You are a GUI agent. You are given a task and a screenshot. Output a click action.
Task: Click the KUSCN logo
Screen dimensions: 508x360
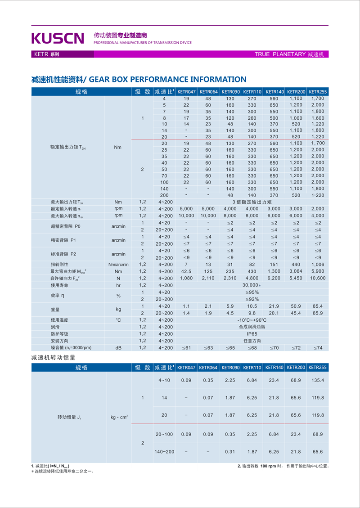[58, 38]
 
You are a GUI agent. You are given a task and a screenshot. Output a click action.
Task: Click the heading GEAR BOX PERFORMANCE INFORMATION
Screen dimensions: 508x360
[168, 79]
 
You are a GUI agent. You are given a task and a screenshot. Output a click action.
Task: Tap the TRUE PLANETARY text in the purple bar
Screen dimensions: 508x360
[280, 54]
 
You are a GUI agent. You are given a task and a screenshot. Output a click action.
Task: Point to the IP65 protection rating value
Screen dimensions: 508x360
[252, 334]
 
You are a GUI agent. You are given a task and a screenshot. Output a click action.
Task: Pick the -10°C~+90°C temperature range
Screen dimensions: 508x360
[252, 320]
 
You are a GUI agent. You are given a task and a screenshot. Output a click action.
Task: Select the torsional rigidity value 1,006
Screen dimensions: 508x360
[317, 265]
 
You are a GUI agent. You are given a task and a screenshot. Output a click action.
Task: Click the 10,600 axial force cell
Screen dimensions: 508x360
[317, 279]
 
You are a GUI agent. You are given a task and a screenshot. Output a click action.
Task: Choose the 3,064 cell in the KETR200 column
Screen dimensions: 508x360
[296, 271]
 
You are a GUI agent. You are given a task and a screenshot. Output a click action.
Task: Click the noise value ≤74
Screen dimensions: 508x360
[317, 348]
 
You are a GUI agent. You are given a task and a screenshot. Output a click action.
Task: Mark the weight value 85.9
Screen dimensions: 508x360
[317, 313]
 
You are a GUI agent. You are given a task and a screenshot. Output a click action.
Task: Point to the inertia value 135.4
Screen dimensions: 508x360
[317, 380]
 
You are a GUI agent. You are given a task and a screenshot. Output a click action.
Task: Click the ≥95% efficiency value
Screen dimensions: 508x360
[252, 292]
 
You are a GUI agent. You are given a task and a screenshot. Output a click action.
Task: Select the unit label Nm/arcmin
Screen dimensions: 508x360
[118, 265]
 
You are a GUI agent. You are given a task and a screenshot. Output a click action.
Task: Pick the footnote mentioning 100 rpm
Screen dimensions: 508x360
[283, 466]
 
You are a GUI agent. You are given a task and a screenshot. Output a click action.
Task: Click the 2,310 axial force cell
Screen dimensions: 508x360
[230, 279]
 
